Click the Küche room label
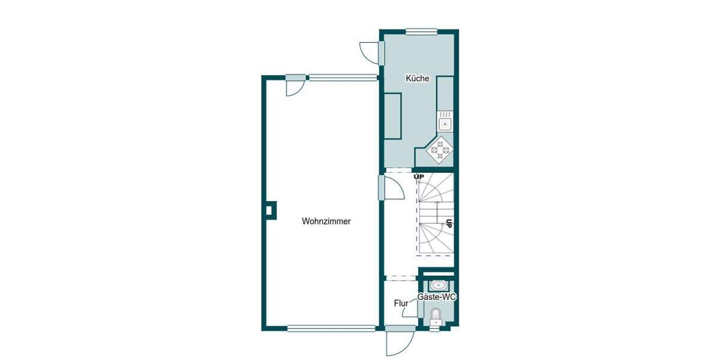tap(417, 79)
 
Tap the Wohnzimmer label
tap(326, 221)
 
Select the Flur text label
tap(401, 304)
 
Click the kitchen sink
tap(445, 124)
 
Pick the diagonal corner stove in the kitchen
tap(441, 148)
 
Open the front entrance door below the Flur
tap(398, 342)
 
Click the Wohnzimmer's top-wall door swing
tap(294, 87)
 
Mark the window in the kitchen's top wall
tap(419, 31)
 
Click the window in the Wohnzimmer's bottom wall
tap(331, 328)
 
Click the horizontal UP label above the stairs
tap(419, 176)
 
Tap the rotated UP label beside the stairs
tap(448, 224)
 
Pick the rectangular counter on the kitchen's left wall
tap(394, 116)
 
